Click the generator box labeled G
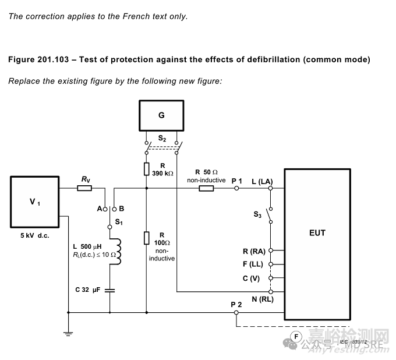pos(161,115)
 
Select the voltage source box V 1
pos(35,202)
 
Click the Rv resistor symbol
pos(84,188)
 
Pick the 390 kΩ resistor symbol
pos(146,169)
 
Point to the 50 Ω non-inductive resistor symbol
pos(206,188)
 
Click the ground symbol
pos(68,334)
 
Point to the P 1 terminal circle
pos(236,188)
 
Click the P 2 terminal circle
pos(236,313)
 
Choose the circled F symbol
pos(296,337)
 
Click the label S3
pos(257,214)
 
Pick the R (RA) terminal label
pos(254,251)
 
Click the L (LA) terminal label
pos(262,182)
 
